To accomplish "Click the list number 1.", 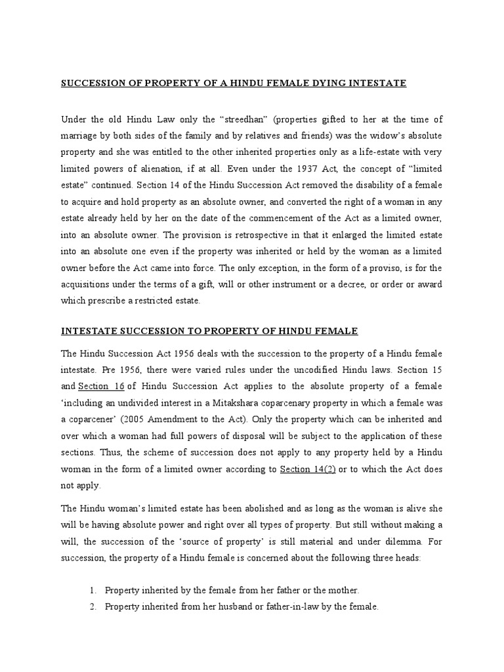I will tap(93, 591).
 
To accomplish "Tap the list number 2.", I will tap(93, 607).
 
